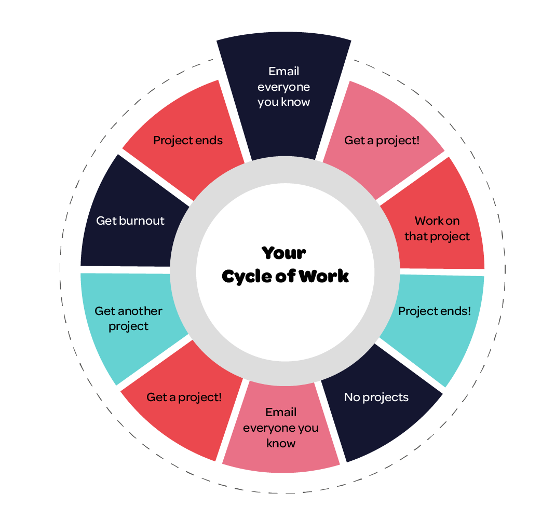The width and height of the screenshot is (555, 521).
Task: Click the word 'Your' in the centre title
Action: pos(284,253)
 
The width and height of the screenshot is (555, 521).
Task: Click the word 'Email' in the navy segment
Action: pos(284,71)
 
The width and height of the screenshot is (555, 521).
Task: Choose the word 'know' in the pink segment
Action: pos(281,444)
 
